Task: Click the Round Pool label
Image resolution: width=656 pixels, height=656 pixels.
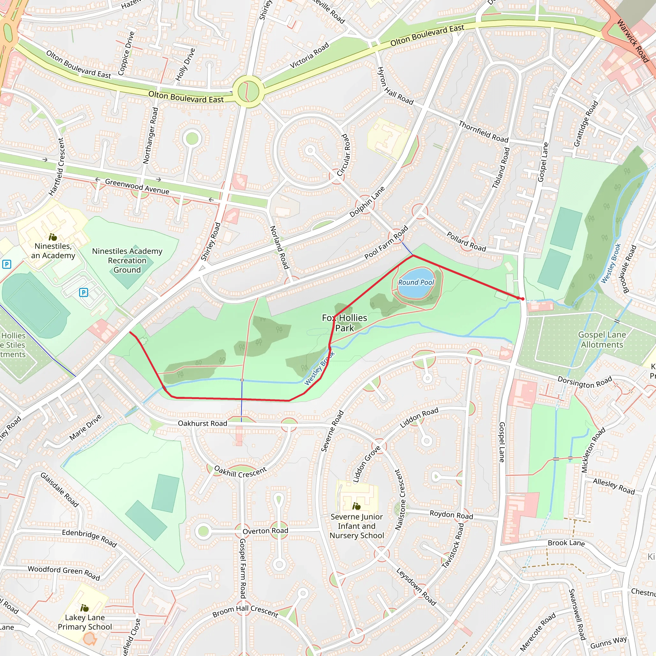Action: (416, 283)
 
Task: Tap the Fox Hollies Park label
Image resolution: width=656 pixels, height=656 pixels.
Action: (344, 323)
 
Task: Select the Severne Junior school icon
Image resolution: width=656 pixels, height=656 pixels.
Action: (356, 507)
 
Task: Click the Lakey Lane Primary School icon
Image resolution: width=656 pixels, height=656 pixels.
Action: (85, 608)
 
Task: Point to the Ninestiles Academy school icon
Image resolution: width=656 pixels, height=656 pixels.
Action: (53, 237)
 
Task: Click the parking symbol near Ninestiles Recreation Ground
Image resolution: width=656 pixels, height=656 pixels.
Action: (84, 292)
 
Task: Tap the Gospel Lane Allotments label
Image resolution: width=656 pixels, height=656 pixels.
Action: (602, 340)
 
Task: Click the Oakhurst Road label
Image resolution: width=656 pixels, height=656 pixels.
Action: (202, 423)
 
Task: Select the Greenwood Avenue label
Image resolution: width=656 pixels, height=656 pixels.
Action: (137, 186)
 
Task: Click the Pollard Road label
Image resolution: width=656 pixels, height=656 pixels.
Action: (466, 242)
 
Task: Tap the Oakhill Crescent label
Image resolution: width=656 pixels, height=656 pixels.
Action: (241, 472)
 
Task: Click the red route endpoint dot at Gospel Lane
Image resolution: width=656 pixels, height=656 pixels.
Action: (522, 299)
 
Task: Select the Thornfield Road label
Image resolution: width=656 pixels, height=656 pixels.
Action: (483, 132)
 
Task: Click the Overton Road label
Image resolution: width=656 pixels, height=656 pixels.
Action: (265, 531)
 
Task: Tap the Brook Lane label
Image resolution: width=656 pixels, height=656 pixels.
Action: (566, 543)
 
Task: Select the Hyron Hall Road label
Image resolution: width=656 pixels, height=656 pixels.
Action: (395, 86)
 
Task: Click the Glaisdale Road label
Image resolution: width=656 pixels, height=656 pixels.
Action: (60, 490)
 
